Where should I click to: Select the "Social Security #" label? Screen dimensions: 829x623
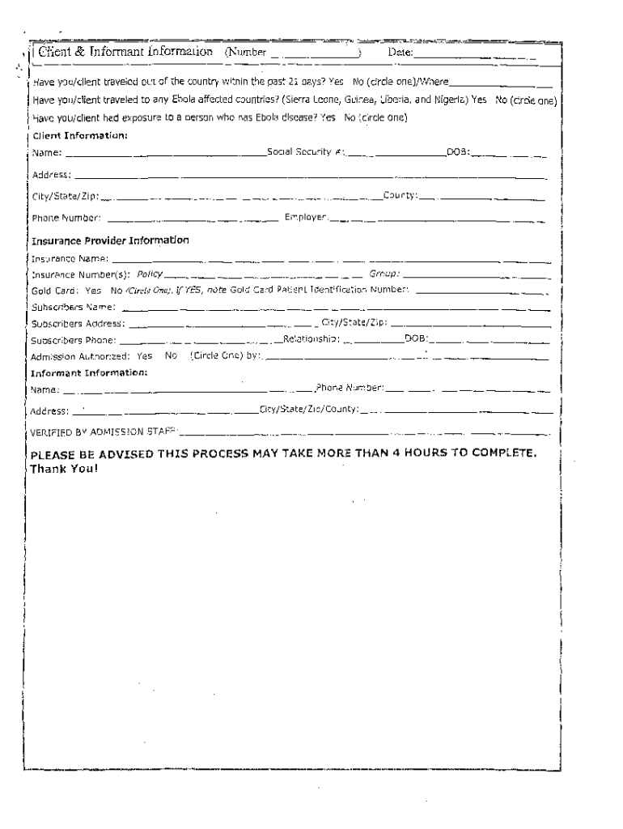[x=306, y=154]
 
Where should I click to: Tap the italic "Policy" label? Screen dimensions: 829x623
[x=150, y=274]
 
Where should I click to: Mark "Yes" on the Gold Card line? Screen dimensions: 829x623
[x=93, y=290]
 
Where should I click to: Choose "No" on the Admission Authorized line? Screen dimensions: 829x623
[x=171, y=355]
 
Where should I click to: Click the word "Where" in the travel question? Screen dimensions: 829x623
[x=434, y=83]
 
